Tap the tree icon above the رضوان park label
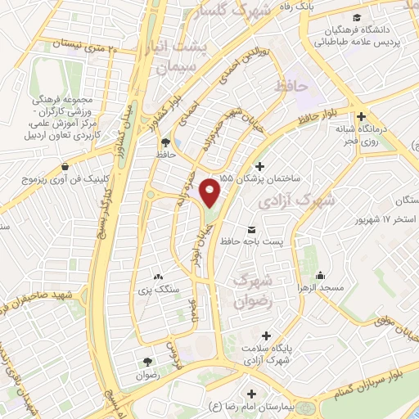click(147, 361)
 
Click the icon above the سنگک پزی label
click(158, 277)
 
